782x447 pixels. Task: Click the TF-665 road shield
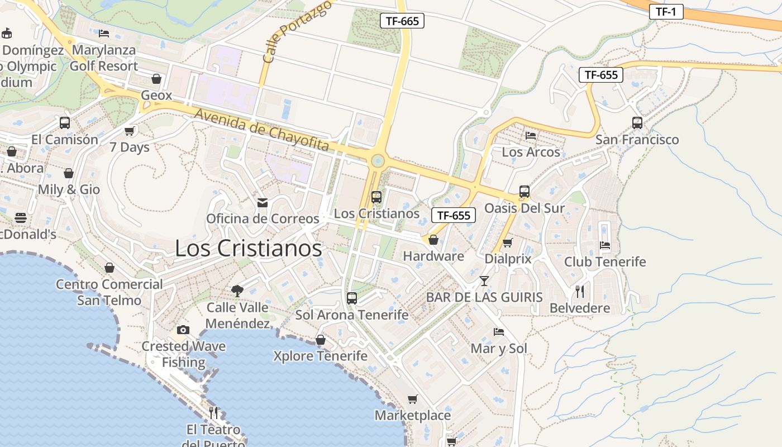coord(402,21)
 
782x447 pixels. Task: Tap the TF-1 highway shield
coord(666,11)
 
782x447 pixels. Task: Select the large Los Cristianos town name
coord(249,248)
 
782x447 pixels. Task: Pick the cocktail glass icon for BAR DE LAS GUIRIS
coord(484,280)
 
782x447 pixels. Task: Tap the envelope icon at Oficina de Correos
coord(262,202)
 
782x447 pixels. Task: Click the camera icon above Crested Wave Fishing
coord(183,330)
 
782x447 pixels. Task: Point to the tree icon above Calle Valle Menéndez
coord(237,291)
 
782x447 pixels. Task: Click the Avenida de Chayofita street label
coord(261,130)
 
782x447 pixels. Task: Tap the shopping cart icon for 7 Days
coord(130,131)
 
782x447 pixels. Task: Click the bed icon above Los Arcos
coord(531,136)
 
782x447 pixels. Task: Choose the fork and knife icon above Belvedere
coord(580,291)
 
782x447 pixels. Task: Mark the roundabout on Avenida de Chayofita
coord(378,161)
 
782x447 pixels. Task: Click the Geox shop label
coord(156,95)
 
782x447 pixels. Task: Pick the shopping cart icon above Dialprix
coord(508,242)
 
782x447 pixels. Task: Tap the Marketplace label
coord(413,415)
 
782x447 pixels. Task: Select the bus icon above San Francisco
coord(637,123)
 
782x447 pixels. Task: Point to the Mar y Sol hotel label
coord(499,349)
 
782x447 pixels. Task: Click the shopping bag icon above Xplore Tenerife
coord(321,340)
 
